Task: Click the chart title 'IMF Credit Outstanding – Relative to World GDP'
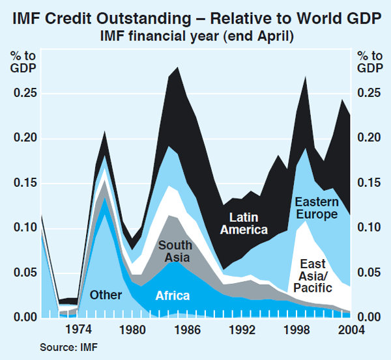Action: (195, 18)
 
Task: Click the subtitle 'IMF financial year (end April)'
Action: (195, 35)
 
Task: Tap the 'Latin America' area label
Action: (244, 223)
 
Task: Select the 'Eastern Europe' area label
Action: (317, 207)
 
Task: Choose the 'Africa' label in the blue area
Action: (173, 296)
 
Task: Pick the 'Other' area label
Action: (106, 295)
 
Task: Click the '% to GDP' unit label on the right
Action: (369, 62)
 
